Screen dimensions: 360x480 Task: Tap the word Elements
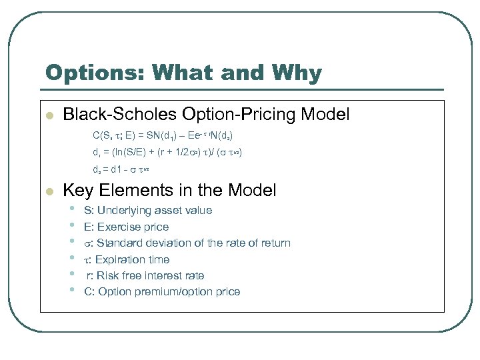click(135, 191)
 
